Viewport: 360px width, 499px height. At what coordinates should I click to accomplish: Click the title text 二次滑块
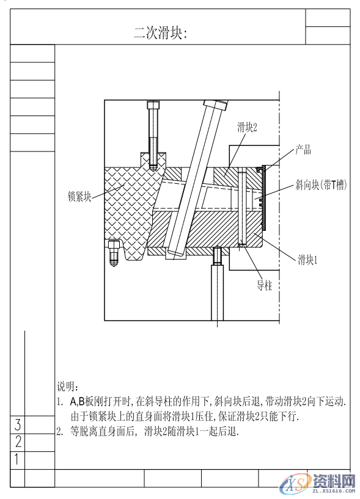click(160, 34)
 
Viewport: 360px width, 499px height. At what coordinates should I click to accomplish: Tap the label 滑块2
click(248, 127)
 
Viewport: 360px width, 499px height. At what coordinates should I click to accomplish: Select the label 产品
click(304, 150)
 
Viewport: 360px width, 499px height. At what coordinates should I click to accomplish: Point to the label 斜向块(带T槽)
click(321, 184)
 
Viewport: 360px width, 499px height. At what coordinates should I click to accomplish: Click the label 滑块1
click(309, 260)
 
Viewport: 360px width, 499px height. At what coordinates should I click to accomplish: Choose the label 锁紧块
click(79, 197)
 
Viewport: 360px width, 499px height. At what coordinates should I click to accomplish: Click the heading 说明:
click(68, 387)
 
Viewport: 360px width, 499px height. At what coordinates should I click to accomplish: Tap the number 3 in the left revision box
click(18, 424)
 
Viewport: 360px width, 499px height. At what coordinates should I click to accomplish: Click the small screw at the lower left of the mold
click(114, 253)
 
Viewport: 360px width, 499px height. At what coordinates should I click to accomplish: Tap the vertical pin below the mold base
click(217, 287)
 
